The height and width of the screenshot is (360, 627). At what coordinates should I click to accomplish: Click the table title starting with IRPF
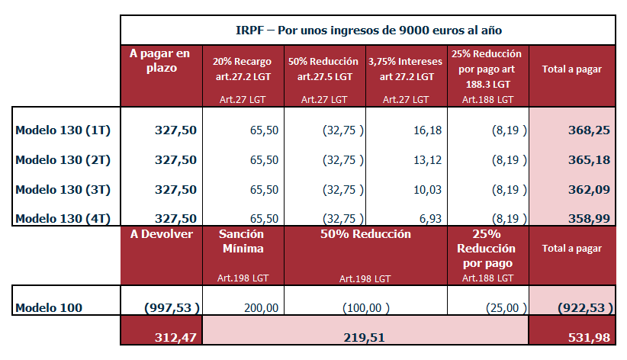click(x=368, y=30)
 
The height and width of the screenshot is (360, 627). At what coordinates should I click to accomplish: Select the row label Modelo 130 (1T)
click(x=63, y=130)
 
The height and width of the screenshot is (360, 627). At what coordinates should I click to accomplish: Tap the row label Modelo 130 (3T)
click(x=63, y=189)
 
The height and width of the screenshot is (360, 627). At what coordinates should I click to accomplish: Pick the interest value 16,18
click(x=426, y=130)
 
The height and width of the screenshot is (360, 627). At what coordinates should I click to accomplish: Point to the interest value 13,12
click(x=426, y=160)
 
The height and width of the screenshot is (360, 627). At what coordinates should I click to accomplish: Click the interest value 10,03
click(x=426, y=189)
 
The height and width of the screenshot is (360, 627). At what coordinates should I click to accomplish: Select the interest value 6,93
click(x=430, y=218)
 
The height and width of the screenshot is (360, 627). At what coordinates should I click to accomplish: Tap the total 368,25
click(x=589, y=130)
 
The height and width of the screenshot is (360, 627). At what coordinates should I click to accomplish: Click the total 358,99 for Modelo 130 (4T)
click(x=589, y=218)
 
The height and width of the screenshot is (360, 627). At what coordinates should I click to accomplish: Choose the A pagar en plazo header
click(x=160, y=61)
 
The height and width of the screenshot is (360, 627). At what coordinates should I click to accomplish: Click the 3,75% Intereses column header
click(x=406, y=69)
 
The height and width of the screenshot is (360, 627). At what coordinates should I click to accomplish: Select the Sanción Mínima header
click(x=242, y=242)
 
